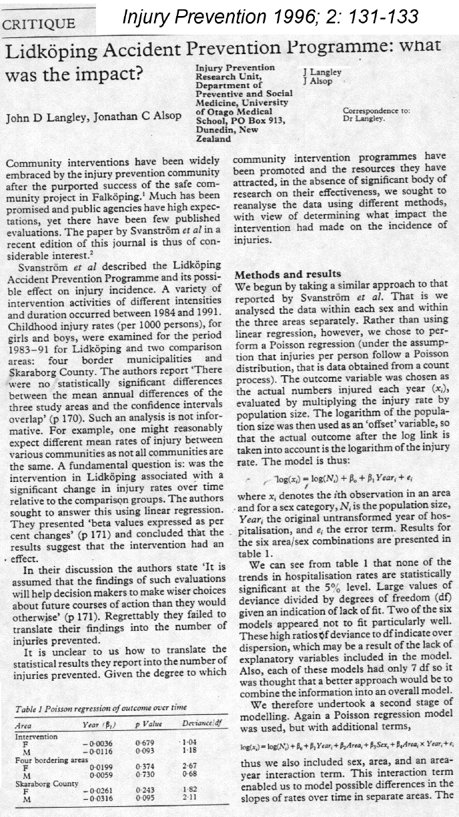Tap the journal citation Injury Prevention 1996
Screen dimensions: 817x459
pos(270,15)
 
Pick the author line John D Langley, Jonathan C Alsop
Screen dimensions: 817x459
pos(93,118)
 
